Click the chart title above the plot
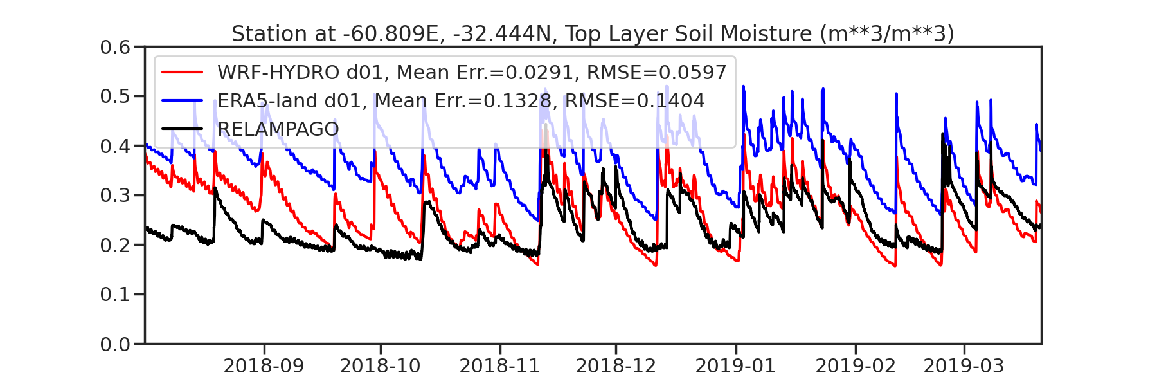[x=593, y=33]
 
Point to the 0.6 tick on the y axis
[x=115, y=47]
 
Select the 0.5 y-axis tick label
[x=115, y=96]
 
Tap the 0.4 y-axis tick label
[x=115, y=146]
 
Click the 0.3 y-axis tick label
[x=115, y=196]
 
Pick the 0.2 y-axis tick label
[x=115, y=245]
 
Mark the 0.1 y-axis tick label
[x=115, y=295]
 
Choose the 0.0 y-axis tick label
[x=115, y=344]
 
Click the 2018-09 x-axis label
[x=264, y=366]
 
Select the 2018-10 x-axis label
[x=380, y=366]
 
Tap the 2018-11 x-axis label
[x=499, y=366]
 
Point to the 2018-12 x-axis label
[x=616, y=366]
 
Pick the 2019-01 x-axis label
[x=735, y=366]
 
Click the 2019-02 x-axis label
[x=856, y=366]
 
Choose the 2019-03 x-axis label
[x=964, y=366]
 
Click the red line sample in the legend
[x=183, y=73]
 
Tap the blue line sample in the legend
[x=183, y=101]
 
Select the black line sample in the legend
[x=183, y=129]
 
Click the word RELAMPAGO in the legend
[x=278, y=129]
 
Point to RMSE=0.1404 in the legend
[x=634, y=101]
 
